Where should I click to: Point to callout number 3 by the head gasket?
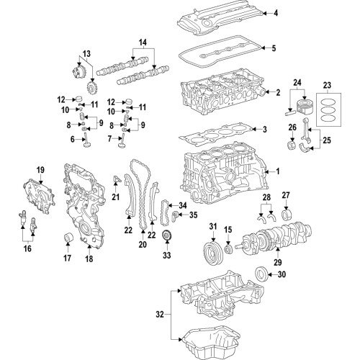tap(265, 130)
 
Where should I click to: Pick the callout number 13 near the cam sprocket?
tap(86, 54)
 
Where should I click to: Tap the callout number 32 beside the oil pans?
tap(159, 314)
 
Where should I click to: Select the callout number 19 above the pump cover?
tap(40, 170)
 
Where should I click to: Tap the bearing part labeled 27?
tap(287, 214)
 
